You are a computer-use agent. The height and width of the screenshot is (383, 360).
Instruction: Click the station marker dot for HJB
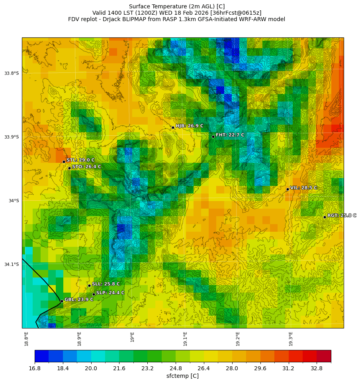173,127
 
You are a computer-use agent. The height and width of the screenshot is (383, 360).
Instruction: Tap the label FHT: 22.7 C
230,135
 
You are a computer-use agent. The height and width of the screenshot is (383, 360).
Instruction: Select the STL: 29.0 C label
80,160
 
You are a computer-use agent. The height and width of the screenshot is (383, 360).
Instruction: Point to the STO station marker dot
69,168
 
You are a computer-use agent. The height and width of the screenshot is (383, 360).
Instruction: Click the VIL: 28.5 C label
303,188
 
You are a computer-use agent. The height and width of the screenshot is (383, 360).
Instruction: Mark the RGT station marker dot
325,217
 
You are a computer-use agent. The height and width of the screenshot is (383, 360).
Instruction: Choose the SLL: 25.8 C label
106,284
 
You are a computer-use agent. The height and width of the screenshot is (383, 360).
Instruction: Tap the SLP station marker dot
94,294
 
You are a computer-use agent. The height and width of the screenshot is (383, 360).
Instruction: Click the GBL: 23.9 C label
79,299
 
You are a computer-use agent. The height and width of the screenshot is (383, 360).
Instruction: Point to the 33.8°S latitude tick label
12,73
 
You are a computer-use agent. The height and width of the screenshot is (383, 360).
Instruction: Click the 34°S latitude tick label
14,201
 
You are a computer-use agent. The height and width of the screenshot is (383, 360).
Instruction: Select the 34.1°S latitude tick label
12,264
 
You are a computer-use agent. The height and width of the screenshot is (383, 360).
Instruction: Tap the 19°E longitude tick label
132,337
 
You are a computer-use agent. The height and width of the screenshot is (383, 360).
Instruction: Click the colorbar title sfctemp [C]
182,376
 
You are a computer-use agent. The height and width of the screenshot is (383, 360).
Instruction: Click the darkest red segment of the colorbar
324,356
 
